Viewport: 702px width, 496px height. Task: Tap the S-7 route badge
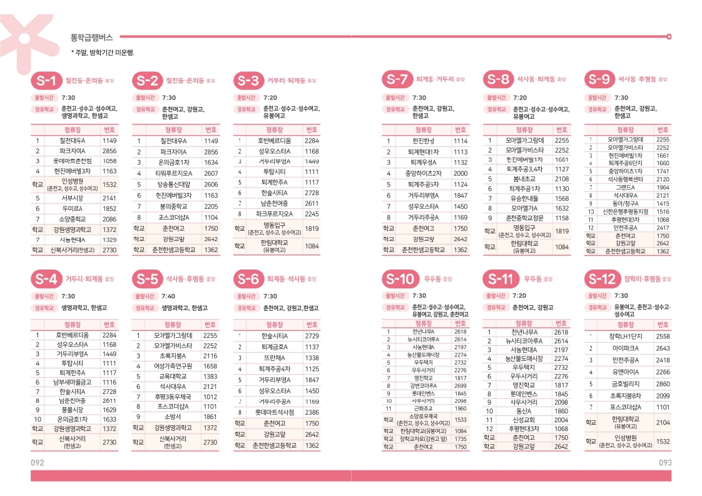(397, 80)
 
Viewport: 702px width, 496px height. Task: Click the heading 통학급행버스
(91, 38)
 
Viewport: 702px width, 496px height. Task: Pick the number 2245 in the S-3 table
(312, 214)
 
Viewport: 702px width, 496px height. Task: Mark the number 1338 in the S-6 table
(312, 358)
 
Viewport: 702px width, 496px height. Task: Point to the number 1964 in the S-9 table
(663, 188)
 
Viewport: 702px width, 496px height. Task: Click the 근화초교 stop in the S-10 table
(424, 408)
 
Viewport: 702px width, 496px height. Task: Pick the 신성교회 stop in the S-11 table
(521, 420)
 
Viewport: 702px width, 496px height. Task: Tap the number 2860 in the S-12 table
(663, 384)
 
